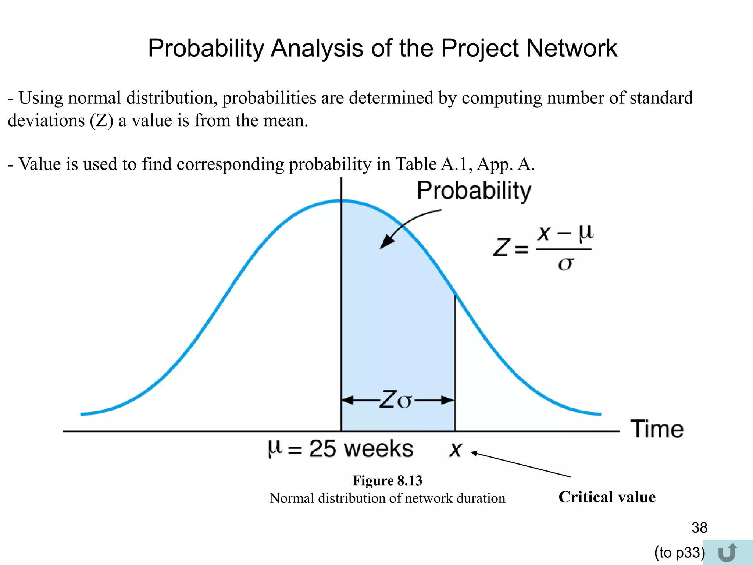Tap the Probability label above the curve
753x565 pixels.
(474, 191)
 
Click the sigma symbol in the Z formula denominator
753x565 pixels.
(565, 263)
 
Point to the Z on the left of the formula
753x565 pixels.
(502, 247)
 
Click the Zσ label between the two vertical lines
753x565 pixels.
(396, 400)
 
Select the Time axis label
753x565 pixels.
(657, 429)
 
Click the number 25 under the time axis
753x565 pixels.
(322, 449)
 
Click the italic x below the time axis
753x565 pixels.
(455, 449)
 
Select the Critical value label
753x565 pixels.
(607, 497)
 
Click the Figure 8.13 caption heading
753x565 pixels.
(387, 480)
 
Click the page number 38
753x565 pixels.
(699, 527)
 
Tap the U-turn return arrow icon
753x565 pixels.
(727, 552)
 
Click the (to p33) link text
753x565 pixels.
(679, 552)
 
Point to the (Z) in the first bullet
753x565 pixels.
(101, 121)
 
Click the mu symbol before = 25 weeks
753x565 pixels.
(275, 449)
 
